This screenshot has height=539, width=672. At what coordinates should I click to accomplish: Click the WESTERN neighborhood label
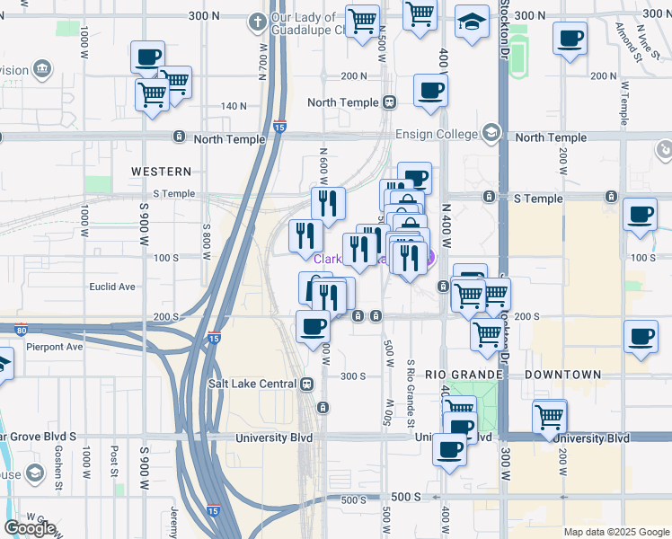coord(161,171)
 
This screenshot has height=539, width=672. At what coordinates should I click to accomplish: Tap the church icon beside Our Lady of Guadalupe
coord(258,20)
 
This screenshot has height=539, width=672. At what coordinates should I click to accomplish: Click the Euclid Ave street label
coord(113,287)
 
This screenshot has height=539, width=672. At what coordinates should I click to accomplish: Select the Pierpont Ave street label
coord(55,346)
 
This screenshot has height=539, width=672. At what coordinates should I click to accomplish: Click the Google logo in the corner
coord(29,528)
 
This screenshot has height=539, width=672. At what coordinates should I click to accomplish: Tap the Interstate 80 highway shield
coord(22,330)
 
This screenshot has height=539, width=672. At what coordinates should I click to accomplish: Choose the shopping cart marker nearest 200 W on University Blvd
coord(549,416)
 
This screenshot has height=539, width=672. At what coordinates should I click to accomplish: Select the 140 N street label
coord(234,106)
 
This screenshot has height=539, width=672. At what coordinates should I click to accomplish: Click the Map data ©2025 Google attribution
coord(615,532)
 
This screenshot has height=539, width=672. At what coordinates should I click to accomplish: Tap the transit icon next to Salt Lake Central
coord(307,384)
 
